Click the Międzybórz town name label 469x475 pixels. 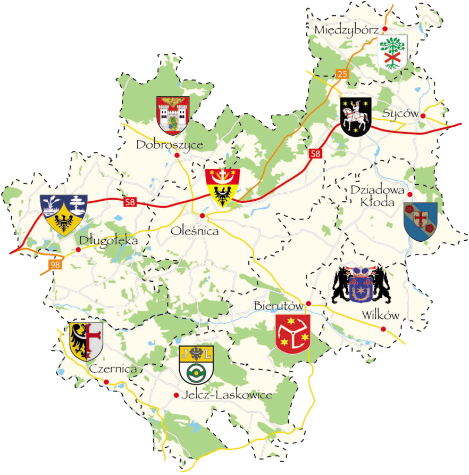tap(346, 29)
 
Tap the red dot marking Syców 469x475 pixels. tap(423, 116)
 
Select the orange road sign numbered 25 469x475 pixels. tap(342, 74)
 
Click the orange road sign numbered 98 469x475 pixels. tap(55, 265)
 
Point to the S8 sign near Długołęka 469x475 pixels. tap(130, 202)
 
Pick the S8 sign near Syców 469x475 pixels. tap(316, 154)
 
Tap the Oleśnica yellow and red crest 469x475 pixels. tap(223, 187)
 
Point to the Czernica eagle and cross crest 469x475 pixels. tap(86, 341)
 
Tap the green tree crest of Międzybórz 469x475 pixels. tap(392, 52)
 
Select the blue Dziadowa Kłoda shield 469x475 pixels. tap(420, 222)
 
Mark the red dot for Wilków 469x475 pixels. tap(383, 329)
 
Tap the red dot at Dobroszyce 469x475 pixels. tap(176, 155)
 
